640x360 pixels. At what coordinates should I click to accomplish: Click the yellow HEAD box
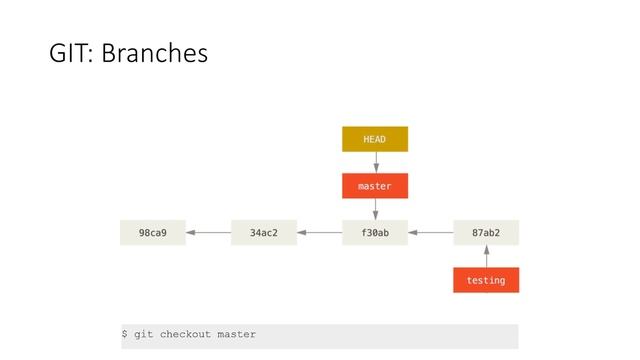[x=375, y=139]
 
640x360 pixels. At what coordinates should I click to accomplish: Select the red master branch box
[x=375, y=186]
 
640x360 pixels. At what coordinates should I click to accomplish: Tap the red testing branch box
[x=486, y=280]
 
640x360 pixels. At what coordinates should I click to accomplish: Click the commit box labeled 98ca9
[x=153, y=233]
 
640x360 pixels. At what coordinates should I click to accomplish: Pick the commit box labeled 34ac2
[x=264, y=233]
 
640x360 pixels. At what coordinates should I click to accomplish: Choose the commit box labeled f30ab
[x=375, y=233]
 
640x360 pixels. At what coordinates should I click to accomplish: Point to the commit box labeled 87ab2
[x=486, y=233]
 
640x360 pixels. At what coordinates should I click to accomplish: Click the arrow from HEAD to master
[x=375, y=162]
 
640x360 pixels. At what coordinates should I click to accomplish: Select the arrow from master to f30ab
[x=375, y=209]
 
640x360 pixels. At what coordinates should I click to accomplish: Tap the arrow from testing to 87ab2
[x=486, y=257]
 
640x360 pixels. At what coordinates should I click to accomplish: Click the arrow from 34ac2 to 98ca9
[x=208, y=233]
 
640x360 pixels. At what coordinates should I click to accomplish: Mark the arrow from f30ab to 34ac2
[x=319, y=233]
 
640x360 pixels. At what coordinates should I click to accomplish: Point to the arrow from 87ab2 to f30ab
[x=430, y=233]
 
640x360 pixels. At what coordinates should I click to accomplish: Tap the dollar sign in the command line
[x=125, y=334]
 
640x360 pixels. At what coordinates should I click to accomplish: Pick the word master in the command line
[x=236, y=334]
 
